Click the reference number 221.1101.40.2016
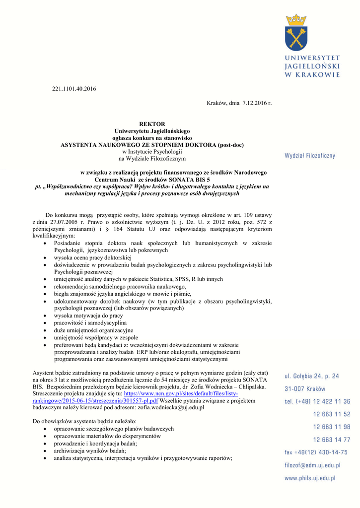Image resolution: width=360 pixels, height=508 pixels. pos(74,89)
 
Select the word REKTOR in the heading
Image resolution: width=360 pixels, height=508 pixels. pos(152,124)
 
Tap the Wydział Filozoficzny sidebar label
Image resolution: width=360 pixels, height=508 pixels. pos(309,156)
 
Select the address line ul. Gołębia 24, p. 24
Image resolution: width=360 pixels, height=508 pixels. pos(312,376)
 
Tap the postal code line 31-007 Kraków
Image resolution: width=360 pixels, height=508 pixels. pos(305,388)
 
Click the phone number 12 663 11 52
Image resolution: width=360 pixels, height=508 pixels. pos(331,414)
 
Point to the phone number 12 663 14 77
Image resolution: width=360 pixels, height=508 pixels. pos(331,440)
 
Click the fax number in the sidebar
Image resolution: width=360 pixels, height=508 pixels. pos(316,452)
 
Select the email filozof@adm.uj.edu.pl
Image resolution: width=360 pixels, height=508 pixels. pos(312,465)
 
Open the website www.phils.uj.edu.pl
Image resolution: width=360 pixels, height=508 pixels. pos(309,478)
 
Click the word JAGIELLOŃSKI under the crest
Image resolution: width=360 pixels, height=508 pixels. pos(312,66)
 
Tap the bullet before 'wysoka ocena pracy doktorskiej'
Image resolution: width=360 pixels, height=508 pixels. pos(46,258)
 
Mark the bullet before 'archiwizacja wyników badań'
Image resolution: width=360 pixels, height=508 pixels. pos(46,451)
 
